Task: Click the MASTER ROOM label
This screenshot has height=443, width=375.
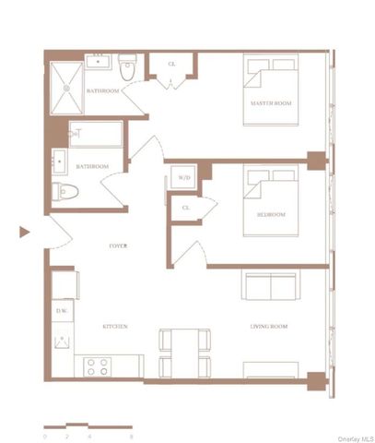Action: (271, 103)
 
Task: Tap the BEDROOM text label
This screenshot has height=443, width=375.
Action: (271, 215)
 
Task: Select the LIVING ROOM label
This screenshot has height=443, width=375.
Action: (269, 327)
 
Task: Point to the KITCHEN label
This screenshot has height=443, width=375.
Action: (114, 327)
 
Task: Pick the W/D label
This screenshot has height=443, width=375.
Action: (184, 176)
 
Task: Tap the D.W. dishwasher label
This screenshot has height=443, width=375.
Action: (61, 311)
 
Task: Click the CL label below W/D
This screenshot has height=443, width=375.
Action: (185, 208)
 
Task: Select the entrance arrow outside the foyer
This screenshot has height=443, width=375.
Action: (25, 233)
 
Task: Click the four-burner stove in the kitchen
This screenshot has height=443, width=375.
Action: (99, 365)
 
